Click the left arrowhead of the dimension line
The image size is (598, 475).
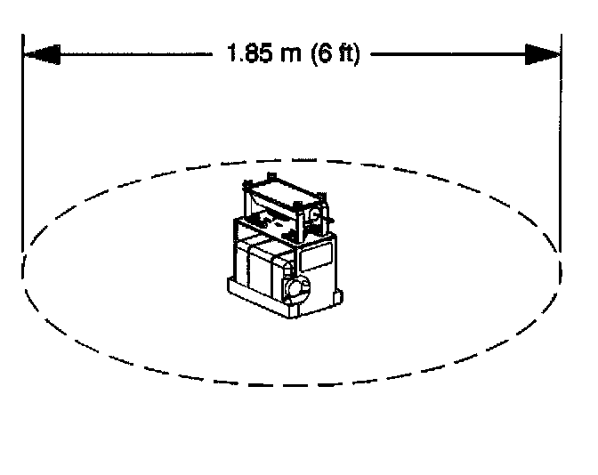tap(41, 54)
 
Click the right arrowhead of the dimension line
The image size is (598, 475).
tap(543, 54)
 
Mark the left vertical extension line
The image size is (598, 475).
tap(22, 142)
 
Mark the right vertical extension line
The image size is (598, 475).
tap(562, 142)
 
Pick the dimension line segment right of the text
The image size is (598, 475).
tap(445, 54)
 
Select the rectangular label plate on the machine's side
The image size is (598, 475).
tap(317, 259)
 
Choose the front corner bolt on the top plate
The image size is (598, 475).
tap(298, 205)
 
